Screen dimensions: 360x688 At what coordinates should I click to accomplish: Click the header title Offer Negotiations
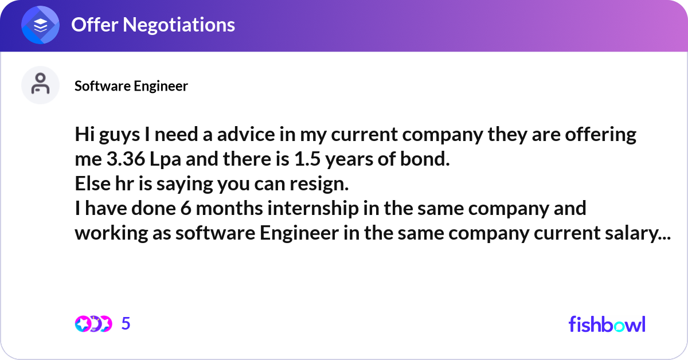coord(153,25)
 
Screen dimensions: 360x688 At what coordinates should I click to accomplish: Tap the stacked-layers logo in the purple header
coord(40,25)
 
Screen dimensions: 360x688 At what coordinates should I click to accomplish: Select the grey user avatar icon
coord(40,85)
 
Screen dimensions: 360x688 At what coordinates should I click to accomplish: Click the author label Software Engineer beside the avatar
coord(131,86)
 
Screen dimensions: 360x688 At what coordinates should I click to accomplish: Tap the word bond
coord(425,159)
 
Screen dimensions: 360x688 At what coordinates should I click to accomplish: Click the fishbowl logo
coord(607,324)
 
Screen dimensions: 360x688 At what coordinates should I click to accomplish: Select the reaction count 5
coord(126,324)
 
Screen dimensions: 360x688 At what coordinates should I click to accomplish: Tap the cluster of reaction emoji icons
coord(93,324)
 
